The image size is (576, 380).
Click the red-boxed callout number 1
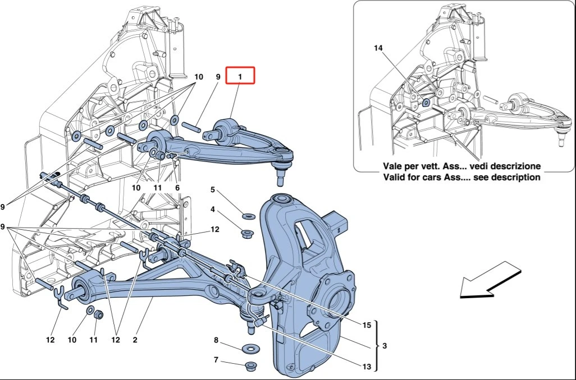pyautogui.click(x=240, y=75)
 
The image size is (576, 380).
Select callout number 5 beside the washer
pyautogui.click(x=213, y=189)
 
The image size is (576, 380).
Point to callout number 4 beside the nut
pyautogui.click(x=213, y=210)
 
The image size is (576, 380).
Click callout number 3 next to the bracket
pyautogui.click(x=385, y=346)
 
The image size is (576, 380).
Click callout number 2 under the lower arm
pyautogui.click(x=135, y=340)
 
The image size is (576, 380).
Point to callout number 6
pyautogui.click(x=177, y=188)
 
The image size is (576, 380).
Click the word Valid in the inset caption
pyautogui.click(x=394, y=177)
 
